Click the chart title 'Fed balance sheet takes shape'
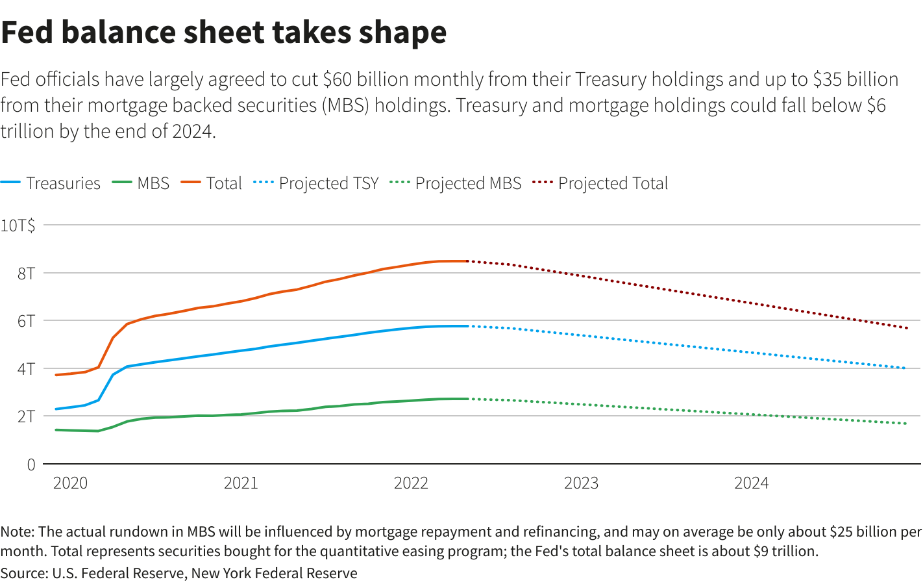click(x=224, y=32)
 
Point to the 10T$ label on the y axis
click(x=18, y=225)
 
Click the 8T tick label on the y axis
click(x=27, y=274)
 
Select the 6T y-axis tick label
click(x=27, y=321)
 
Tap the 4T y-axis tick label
click(x=27, y=369)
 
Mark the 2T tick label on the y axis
click(x=27, y=416)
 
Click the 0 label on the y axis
click(x=31, y=465)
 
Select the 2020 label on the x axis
click(x=70, y=483)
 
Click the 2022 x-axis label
click(x=411, y=483)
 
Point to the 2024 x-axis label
click(x=751, y=483)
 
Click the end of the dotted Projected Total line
click(x=906, y=328)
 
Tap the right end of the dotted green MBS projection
click(x=906, y=424)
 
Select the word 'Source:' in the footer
click(x=24, y=574)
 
